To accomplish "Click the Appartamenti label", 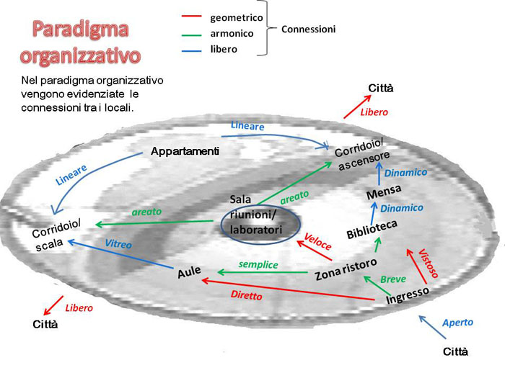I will point(185,152).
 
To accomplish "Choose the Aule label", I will point(188,274).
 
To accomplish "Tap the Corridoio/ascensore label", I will point(363,154).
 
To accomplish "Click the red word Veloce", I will point(317,240).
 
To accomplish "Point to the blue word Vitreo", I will point(118,244).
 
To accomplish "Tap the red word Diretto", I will point(246,295).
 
